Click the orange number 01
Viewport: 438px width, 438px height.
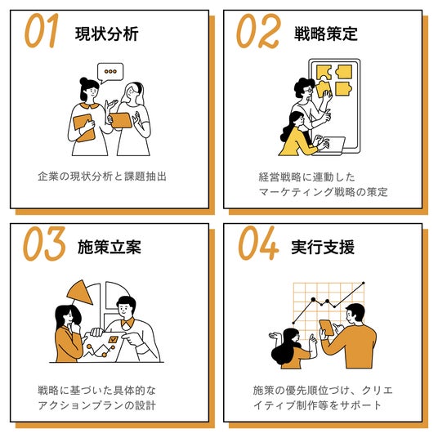tap(42, 30)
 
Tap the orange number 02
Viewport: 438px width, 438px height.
tap(257, 31)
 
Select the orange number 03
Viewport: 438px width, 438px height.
tap(44, 244)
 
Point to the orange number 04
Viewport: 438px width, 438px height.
tap(258, 244)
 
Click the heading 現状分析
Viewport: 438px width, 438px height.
tap(107, 34)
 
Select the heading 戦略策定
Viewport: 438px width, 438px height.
tap(326, 34)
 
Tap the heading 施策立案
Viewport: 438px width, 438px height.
tap(109, 247)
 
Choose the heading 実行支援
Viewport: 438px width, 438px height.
tap(323, 247)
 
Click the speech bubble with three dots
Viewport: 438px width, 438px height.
tap(110, 73)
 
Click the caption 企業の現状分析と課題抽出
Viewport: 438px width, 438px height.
tap(102, 177)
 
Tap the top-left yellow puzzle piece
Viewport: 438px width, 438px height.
tap(324, 73)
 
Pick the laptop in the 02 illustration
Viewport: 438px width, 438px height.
tap(329, 145)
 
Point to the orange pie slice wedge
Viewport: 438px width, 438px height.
tap(80, 293)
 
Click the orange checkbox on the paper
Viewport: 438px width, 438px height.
tap(113, 339)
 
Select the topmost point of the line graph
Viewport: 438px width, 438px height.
tap(363, 284)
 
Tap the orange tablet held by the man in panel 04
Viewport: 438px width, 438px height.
tap(327, 328)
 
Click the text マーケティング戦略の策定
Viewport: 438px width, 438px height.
tap(324, 192)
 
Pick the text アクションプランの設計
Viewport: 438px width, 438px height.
tap(97, 405)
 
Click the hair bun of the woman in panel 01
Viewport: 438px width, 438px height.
tap(83, 81)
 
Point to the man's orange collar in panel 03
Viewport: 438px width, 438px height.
tap(127, 324)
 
